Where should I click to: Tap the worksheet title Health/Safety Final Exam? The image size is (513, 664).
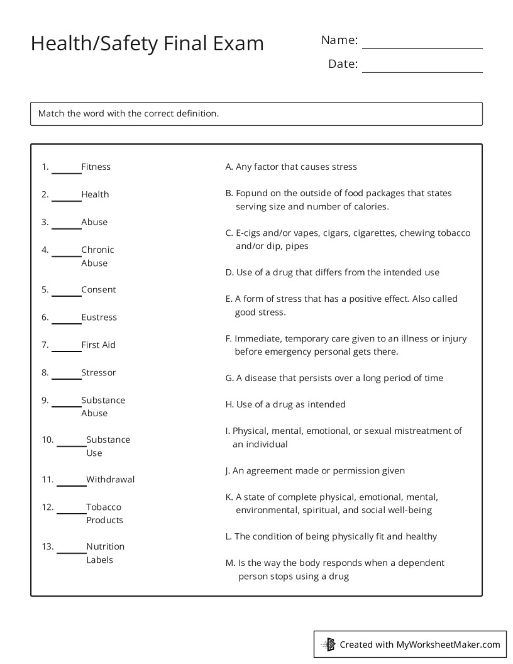pos(147,43)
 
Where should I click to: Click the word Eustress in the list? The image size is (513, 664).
pos(99,318)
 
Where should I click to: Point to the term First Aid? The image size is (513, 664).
pos(98,345)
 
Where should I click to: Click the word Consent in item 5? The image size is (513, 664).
pos(98,290)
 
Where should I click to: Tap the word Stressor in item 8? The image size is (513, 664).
pos(98,373)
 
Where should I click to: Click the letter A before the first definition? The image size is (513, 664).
pos(229,167)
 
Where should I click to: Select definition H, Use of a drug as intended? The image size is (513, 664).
pos(285,404)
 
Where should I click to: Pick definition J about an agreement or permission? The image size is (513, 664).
pos(315,470)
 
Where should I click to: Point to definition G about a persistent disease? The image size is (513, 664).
pos(334,378)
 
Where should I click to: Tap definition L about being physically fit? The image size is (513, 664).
pos(331,536)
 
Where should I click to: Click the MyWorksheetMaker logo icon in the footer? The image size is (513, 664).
pos(329,644)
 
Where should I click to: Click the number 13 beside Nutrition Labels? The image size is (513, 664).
pos(47,546)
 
